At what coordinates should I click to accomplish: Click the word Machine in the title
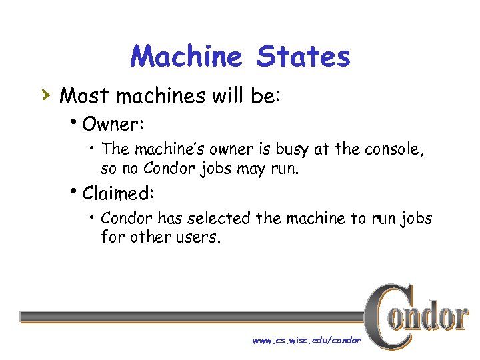tap(186, 57)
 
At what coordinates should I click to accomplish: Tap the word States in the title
tap(303, 57)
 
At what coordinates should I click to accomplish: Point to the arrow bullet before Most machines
tap(45, 95)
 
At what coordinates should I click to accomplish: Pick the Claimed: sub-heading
tap(118, 193)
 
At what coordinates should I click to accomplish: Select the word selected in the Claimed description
tap(218, 218)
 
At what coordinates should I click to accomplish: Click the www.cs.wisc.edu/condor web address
tap(307, 340)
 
